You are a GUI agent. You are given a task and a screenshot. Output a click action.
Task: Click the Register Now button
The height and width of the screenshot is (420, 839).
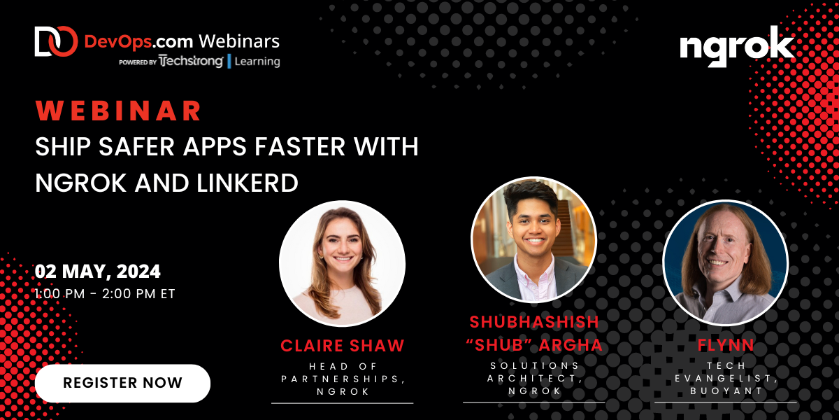[122, 383]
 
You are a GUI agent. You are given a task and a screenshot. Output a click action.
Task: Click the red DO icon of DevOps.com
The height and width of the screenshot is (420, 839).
[55, 41]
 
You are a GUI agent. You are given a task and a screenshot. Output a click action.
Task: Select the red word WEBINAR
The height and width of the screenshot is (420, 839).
[119, 111]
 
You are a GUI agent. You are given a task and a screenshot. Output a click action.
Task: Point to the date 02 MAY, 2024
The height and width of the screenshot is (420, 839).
[98, 271]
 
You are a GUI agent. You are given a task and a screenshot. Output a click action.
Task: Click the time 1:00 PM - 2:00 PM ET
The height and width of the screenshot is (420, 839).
[105, 293]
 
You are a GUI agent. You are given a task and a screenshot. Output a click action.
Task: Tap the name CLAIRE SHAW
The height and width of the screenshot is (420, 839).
[342, 345]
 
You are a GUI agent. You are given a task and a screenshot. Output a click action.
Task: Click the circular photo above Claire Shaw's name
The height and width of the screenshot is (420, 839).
[342, 264]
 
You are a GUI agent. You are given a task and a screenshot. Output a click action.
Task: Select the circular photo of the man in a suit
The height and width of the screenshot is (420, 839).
[533, 240]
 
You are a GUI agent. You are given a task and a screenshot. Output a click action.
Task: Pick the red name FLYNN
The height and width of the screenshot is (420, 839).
[725, 345]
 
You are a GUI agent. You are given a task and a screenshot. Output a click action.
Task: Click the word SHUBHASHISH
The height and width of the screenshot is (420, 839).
[534, 322]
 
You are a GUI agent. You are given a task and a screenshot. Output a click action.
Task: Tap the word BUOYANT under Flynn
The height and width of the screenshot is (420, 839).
[725, 391]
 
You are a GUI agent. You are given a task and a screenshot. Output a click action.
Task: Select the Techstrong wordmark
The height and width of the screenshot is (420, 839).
[190, 62]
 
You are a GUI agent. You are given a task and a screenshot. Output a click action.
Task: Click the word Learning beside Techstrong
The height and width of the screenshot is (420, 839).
[257, 62]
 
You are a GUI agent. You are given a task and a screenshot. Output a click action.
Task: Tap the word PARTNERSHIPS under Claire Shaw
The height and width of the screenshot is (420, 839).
[342, 379]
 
